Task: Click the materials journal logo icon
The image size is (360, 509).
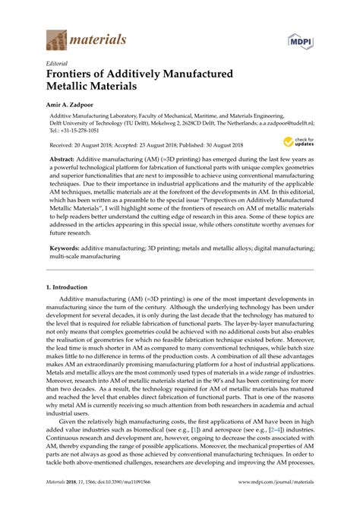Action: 55,37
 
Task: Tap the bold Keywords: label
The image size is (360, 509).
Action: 65,248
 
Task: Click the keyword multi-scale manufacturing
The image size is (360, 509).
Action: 84,258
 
